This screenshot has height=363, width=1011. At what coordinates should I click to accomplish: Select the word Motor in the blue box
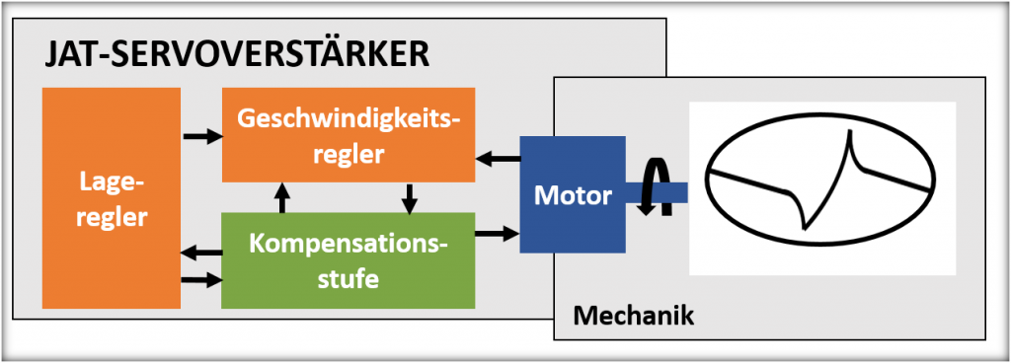(572, 195)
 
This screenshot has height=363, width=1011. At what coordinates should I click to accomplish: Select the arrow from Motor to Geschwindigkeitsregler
(499, 156)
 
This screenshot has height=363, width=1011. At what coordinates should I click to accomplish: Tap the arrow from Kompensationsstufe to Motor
(499, 234)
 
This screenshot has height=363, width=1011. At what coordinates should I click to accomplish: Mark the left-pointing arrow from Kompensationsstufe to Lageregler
(201, 254)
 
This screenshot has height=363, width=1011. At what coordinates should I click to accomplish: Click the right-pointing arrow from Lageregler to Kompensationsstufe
(201, 279)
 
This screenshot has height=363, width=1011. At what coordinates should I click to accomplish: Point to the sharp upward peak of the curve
(846, 144)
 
